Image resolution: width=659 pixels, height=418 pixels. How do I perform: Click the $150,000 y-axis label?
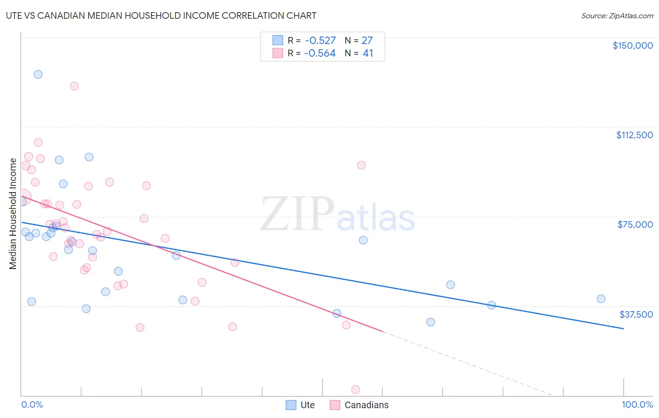tap(632, 45)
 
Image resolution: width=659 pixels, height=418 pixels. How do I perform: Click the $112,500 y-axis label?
tap(634, 135)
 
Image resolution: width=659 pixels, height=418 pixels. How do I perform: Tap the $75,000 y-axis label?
tap(635, 224)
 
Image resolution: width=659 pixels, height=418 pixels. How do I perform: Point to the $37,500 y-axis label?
tap(636, 314)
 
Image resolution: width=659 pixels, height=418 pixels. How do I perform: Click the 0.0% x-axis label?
tap(32, 404)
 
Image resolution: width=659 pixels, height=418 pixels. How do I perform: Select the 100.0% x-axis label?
tap(637, 404)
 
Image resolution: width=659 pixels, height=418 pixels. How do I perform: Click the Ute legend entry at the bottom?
tap(300, 405)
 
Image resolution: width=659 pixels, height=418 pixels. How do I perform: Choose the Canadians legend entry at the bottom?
tap(359, 405)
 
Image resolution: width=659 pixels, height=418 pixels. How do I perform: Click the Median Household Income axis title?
tap(13, 214)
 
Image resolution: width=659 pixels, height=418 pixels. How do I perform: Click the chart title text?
tap(161, 15)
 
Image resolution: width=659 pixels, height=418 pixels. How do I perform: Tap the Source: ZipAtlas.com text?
tap(617, 16)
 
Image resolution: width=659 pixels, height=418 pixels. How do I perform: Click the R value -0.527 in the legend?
tap(320, 40)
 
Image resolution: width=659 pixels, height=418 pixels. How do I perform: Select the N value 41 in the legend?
tap(368, 53)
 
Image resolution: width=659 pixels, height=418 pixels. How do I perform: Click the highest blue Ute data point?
tap(38, 74)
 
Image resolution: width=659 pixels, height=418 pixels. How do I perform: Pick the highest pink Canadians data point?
tap(74, 86)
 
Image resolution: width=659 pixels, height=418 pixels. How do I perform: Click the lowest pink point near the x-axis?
tap(355, 389)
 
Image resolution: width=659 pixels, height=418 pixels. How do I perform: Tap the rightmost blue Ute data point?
tap(601, 299)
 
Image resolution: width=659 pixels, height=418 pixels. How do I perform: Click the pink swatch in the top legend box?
tap(278, 53)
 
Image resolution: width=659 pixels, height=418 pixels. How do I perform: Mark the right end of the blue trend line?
tap(623, 328)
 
